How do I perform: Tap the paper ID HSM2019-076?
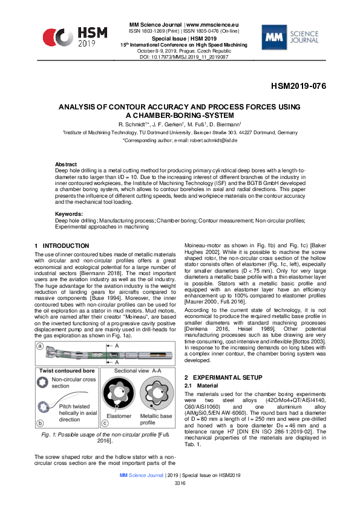(x=298, y=86)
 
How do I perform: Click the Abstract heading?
(x=66, y=164)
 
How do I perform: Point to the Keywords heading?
(x=68, y=214)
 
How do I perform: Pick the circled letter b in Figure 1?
(x=39, y=424)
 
